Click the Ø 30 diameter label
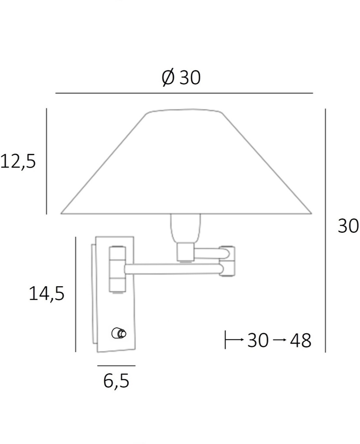click(x=181, y=78)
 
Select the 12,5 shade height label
click(x=18, y=162)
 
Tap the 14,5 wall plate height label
click(x=46, y=294)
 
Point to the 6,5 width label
click(x=116, y=382)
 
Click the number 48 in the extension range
click(x=301, y=341)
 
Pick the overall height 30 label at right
click(x=348, y=226)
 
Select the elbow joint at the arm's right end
click(x=228, y=261)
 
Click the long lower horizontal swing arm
click(x=173, y=269)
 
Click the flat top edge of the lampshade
click(x=185, y=111)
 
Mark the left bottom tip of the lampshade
click(x=62, y=213)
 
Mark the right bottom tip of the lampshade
click(x=311, y=213)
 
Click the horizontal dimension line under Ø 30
click(x=184, y=93)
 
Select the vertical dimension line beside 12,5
click(x=46, y=161)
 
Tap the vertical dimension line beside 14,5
click(x=76, y=294)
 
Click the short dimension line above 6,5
click(x=116, y=366)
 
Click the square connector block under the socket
click(x=185, y=252)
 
